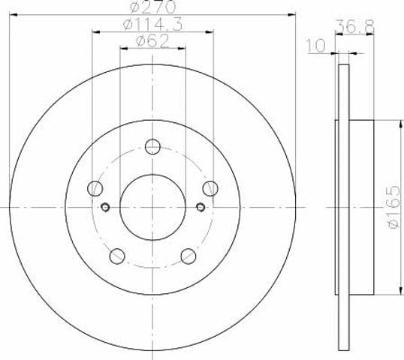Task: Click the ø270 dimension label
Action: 153,7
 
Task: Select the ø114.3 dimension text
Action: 152,25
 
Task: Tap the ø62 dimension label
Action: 152,41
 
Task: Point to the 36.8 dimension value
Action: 355,26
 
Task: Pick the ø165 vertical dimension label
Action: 393,207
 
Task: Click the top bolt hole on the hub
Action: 152,147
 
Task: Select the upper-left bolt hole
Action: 95,188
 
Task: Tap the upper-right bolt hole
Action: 210,188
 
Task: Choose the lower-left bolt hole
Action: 117,256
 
